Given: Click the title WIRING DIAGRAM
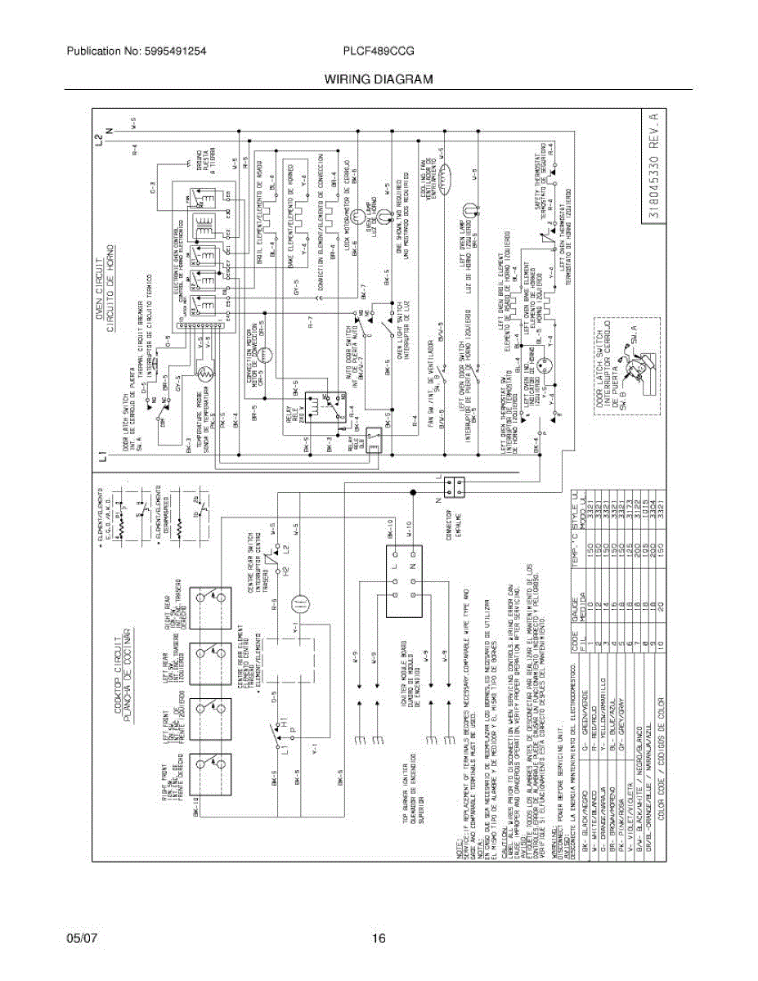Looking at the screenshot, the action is pos(378,80).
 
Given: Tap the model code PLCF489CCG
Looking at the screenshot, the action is pos(379,51).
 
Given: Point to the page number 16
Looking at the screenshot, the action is pos(378,938).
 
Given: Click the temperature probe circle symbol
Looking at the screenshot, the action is pos(208,377).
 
